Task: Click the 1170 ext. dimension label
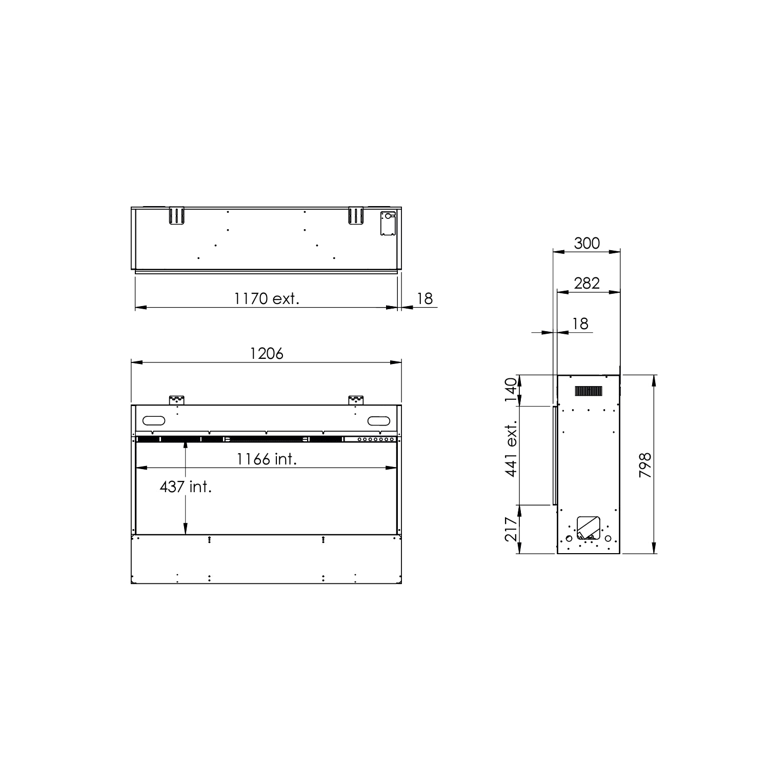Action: pos(267,298)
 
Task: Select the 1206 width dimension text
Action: pos(267,354)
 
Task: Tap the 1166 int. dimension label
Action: pos(267,459)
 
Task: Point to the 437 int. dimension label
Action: pos(186,487)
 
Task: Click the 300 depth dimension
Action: pos(586,243)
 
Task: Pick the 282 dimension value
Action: pos(586,283)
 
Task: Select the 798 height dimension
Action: pos(645,466)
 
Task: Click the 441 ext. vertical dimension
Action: pos(510,450)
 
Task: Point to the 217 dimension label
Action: pos(510,529)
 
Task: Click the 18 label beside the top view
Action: pos(425,298)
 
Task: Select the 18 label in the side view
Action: pos(580,323)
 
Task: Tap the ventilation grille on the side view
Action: pos(589,391)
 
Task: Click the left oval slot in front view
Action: pos(154,421)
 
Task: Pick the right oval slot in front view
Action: pos(379,421)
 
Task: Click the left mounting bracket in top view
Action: pos(176,215)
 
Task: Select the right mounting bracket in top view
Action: pos(355,215)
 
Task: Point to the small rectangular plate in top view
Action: pos(388,224)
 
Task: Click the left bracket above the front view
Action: pos(176,399)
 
